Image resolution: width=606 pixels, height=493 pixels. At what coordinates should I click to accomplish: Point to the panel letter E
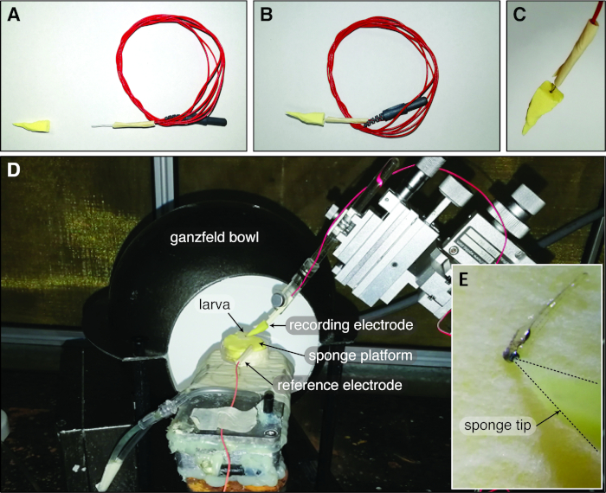468,279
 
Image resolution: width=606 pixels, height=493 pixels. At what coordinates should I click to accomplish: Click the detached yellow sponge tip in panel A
35,125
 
